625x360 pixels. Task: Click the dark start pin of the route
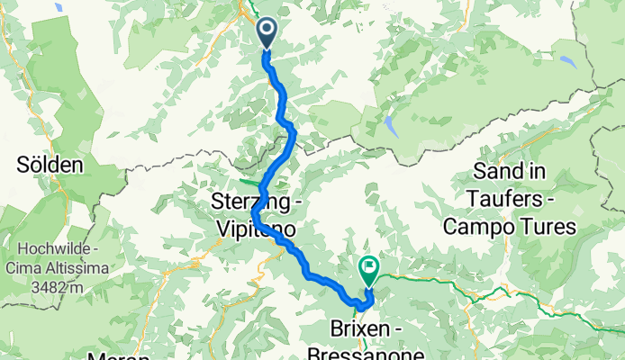point(267,33)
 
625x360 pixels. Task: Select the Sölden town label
point(50,165)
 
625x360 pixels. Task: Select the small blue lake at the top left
point(57,6)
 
